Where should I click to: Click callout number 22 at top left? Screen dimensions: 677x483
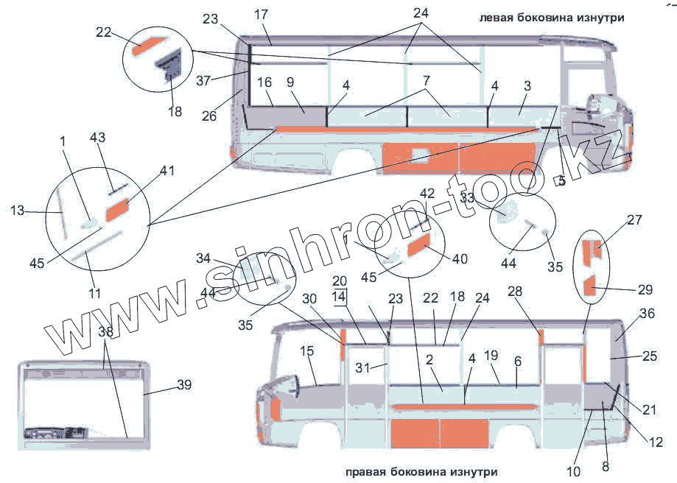103,32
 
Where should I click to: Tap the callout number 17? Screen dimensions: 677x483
262,14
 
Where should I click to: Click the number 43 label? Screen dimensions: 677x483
98,138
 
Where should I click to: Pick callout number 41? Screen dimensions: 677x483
167,171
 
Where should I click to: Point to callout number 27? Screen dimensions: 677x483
634,220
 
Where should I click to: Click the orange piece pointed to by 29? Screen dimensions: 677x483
590,285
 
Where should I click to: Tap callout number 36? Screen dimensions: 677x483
646,313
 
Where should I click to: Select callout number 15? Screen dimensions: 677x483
307,352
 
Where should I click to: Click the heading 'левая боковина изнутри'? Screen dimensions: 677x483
551,18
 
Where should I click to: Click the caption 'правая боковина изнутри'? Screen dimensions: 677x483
420,471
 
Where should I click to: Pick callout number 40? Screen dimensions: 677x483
459,258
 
